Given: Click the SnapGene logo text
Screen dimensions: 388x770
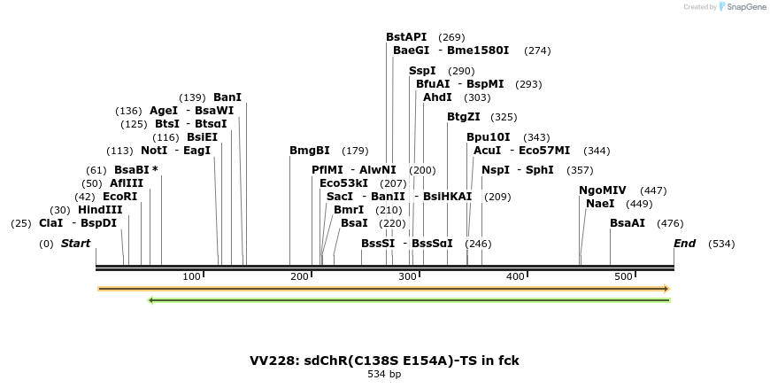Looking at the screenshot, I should click(746, 7).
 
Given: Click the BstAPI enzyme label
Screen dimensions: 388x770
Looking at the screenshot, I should click(407, 37).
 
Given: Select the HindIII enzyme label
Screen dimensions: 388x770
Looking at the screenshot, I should click(100, 210).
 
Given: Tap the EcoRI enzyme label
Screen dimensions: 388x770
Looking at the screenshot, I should click(120, 197).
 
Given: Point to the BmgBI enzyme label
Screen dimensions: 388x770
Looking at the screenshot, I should click(310, 151).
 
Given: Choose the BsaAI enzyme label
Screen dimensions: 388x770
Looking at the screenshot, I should click(628, 223).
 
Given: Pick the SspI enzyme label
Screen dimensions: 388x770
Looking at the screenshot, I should click(422, 71).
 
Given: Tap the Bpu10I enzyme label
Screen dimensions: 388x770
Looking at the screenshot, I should click(489, 137).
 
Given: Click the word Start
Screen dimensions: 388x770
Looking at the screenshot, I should click(75, 244).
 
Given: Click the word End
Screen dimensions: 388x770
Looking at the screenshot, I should click(684, 244).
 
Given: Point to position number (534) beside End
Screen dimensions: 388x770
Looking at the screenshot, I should click(721, 244).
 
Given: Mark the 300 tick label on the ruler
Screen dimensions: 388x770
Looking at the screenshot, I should click(408, 277).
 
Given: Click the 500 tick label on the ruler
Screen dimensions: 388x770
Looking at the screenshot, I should click(624, 277).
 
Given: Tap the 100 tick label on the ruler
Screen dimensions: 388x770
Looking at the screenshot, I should click(192, 277).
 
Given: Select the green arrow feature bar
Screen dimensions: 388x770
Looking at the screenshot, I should click(408, 300).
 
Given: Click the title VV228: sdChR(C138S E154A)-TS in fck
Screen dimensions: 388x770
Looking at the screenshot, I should click(384, 361).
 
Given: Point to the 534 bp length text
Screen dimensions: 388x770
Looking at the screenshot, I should click(384, 375).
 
